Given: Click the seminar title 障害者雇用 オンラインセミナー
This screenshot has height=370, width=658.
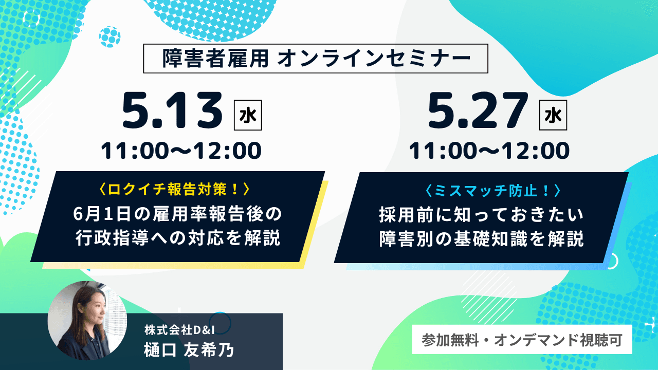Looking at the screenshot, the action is pos(316,59).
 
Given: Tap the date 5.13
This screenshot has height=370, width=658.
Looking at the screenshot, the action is pos(172,110).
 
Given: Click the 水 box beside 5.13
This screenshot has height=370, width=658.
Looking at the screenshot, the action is pos(248,115).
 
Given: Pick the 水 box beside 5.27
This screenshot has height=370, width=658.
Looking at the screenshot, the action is pos(553,115).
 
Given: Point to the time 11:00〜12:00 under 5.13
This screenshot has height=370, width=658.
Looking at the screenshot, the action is pos(181,151).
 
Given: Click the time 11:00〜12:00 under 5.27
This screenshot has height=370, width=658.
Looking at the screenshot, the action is pos(489,151).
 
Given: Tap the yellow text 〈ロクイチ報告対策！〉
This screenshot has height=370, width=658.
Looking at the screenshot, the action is pos(175,190).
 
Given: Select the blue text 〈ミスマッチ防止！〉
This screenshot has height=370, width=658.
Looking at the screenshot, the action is pos(492,191).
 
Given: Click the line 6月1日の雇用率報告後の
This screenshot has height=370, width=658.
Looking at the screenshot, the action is pos(177,214).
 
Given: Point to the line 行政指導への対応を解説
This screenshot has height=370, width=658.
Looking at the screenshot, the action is pos(178,238).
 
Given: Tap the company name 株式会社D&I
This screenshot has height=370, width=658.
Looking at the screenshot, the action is pos(179,330).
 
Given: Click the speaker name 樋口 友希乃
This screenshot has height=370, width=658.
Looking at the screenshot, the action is pos(189,350).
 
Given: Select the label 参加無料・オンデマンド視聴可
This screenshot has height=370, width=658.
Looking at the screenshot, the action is pos(522,340).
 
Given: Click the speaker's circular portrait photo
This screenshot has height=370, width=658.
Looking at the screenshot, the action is pos(87,321).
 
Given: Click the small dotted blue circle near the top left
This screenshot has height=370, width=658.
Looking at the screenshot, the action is pos(109,37).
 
